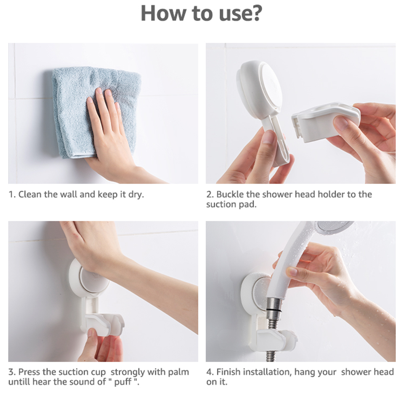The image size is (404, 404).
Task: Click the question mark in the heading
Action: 255,13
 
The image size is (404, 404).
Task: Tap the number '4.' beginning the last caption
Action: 210,372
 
